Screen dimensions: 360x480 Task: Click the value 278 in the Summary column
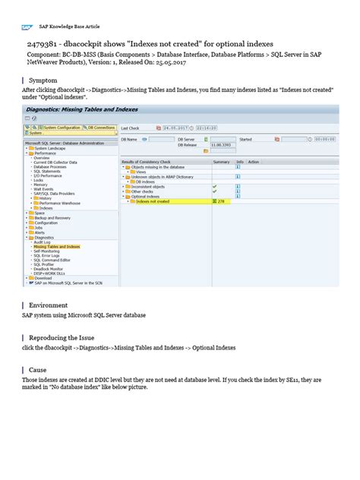click(x=222, y=201)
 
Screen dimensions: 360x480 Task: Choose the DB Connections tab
click(x=100, y=127)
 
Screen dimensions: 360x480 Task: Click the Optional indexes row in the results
click(x=147, y=196)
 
